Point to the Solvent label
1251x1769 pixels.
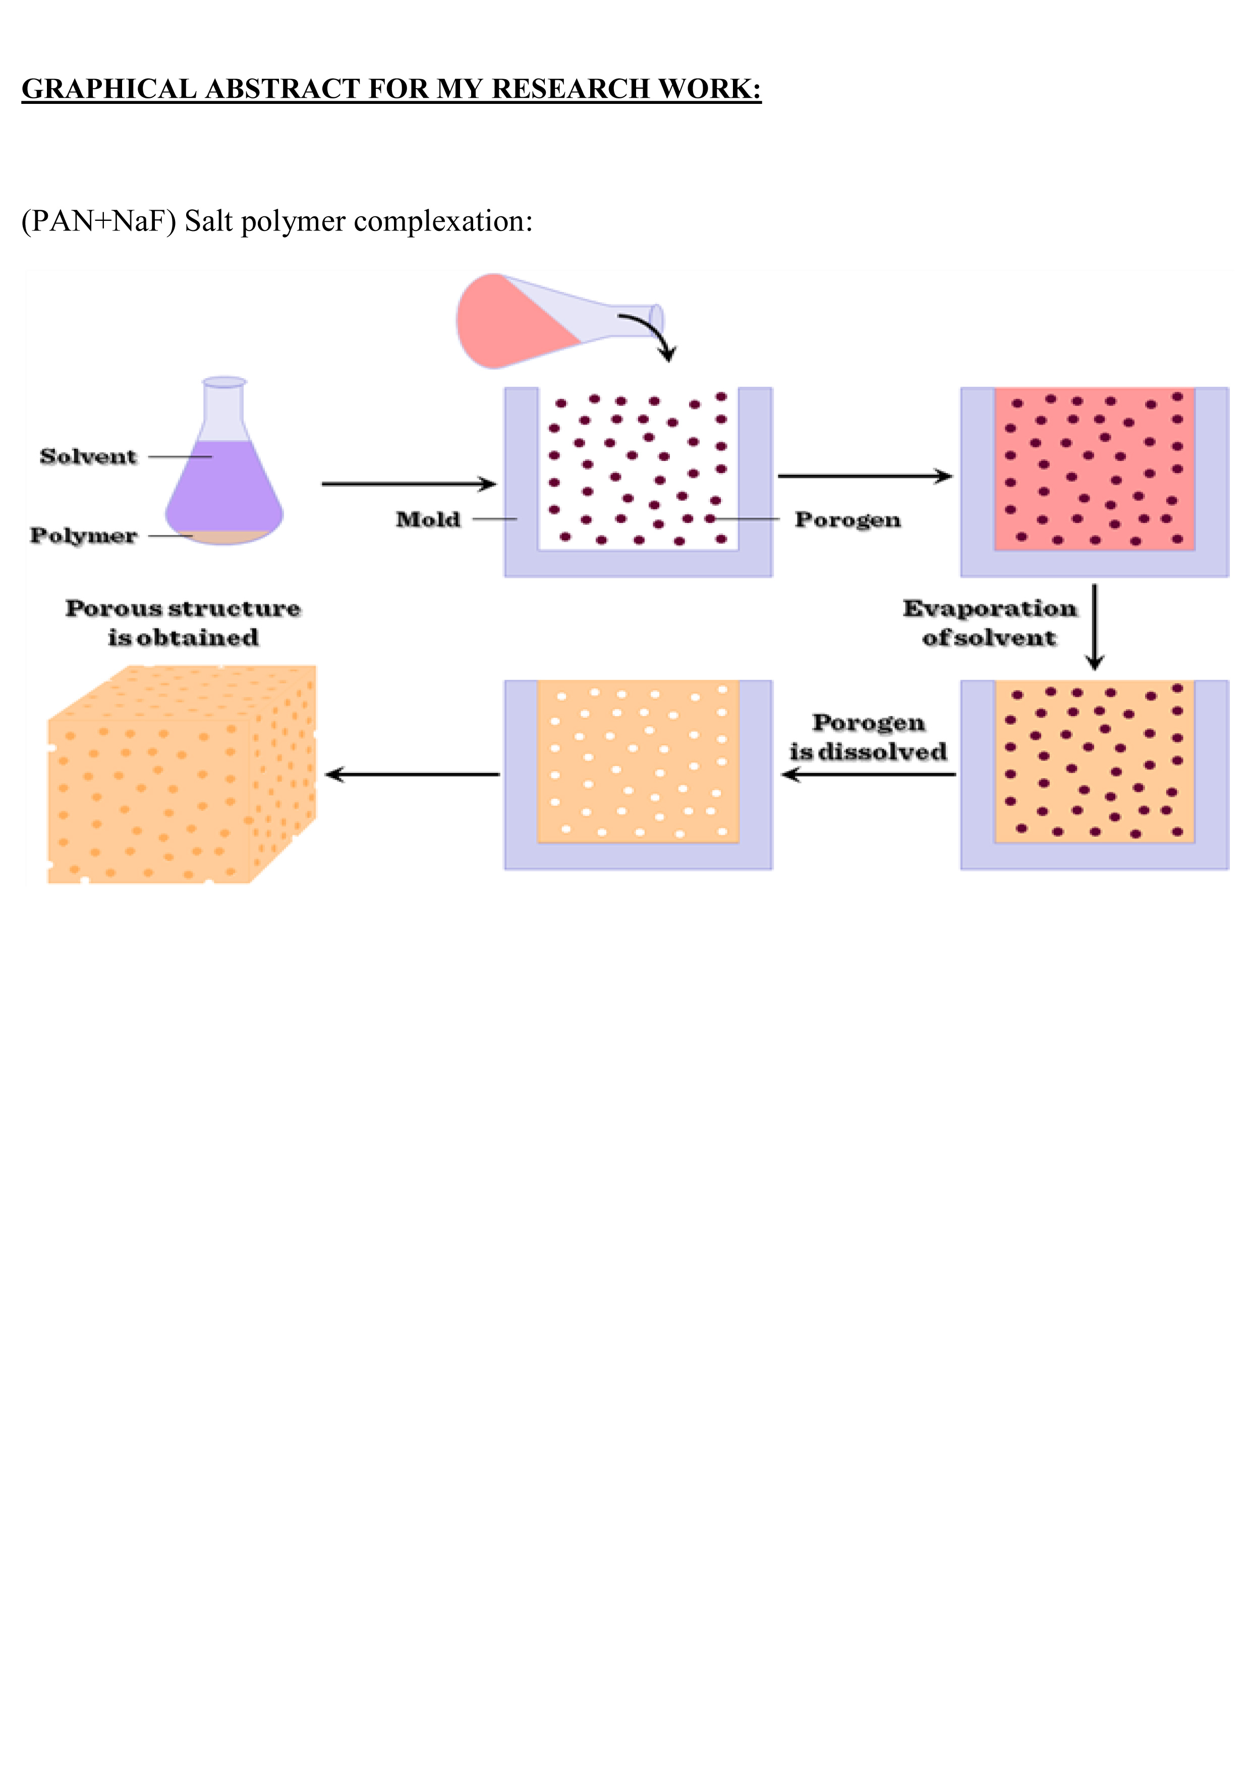click(88, 456)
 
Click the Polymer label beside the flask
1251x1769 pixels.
click(83, 536)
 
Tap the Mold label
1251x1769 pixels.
click(428, 519)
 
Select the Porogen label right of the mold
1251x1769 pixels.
click(847, 520)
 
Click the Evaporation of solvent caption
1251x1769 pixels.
click(990, 623)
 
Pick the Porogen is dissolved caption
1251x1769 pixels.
click(868, 737)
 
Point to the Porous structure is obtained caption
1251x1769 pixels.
click(183, 623)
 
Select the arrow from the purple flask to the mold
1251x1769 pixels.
click(409, 484)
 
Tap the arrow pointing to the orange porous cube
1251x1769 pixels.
click(412, 775)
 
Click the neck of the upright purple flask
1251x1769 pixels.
click(223, 408)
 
